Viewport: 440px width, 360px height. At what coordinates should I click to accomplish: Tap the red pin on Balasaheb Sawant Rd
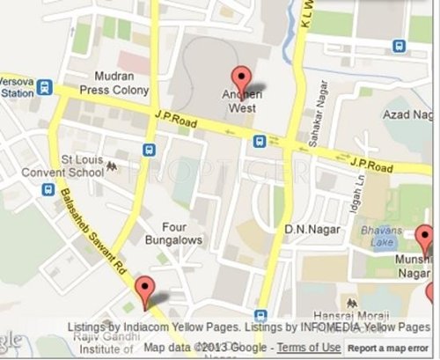(x=143, y=289)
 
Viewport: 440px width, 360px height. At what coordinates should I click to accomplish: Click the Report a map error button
(x=391, y=348)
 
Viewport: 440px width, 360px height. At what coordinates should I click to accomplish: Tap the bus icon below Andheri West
(x=260, y=141)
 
